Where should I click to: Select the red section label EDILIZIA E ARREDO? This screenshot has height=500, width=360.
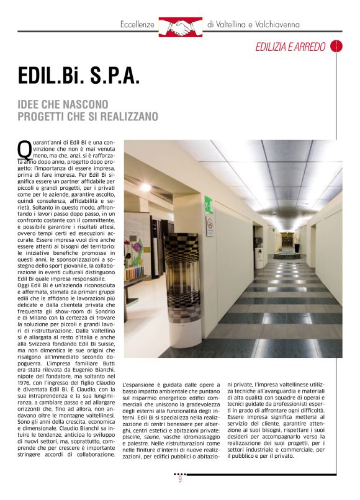(290, 47)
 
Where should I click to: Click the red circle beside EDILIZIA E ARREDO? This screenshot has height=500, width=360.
(336, 46)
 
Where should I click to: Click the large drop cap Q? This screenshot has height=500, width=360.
(24, 150)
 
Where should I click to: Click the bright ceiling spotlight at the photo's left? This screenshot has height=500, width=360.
(145, 186)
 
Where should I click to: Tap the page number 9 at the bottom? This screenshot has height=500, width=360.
(180, 478)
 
